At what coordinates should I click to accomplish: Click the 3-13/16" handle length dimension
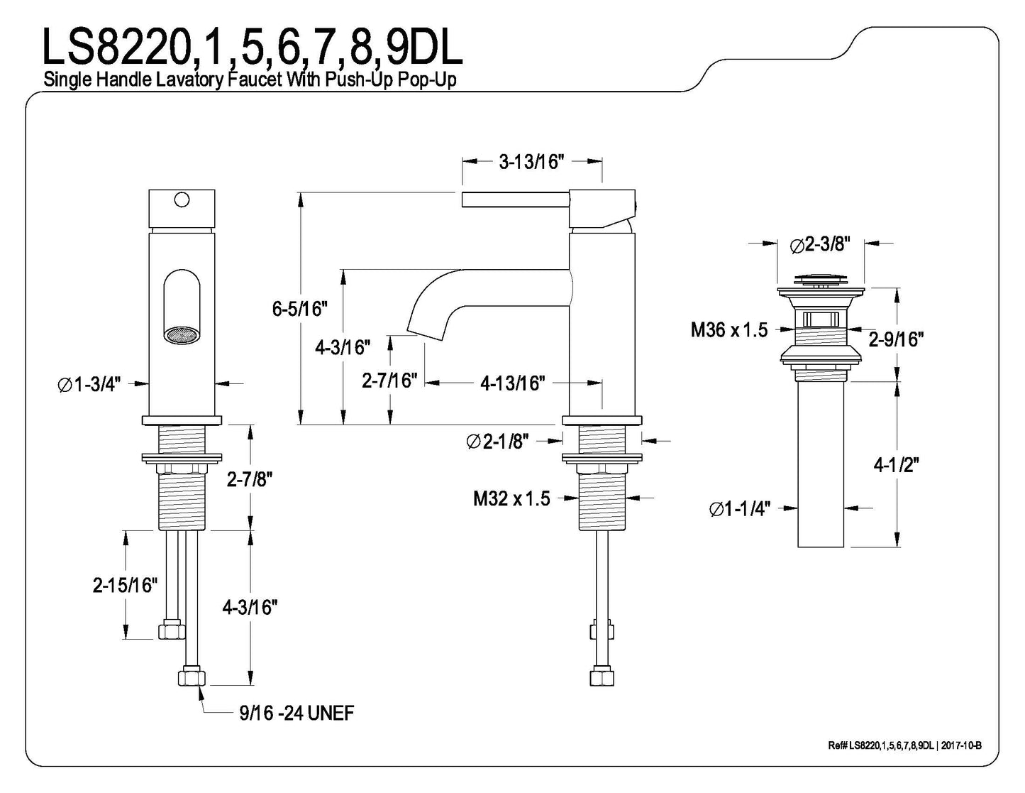tap(531, 162)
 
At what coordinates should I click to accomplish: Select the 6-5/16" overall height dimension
tap(299, 309)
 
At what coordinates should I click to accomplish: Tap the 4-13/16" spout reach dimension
tap(512, 383)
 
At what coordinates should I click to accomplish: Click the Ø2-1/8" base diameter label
tap(498, 442)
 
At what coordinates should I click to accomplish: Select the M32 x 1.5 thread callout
tap(511, 498)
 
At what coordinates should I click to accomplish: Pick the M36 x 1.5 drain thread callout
tap(729, 330)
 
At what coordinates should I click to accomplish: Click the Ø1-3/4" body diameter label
tap(89, 384)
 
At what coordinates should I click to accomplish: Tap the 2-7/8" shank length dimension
tap(250, 480)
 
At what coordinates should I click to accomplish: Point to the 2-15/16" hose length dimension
tap(125, 585)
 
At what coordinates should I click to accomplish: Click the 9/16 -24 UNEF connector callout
tap(297, 712)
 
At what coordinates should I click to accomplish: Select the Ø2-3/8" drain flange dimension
tap(819, 245)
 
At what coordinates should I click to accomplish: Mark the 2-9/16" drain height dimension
tap(896, 339)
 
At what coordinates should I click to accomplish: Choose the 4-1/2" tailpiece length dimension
tap(896, 465)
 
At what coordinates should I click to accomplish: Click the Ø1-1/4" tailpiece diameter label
tap(740, 509)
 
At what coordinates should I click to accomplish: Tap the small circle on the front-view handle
tap(182, 199)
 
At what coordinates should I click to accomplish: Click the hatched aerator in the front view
tap(181, 335)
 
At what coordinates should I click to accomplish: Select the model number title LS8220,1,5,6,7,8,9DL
tap(253, 48)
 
